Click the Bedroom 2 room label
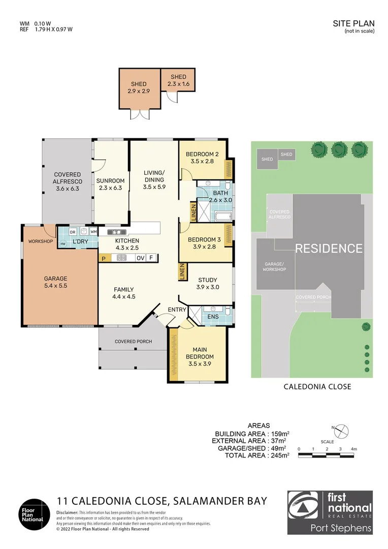click(x=202, y=158)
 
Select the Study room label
click(x=207, y=283)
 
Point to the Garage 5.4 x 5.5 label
click(x=55, y=282)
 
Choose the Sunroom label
click(x=110, y=184)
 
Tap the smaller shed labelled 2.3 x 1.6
click(x=178, y=80)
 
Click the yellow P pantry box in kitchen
click(x=103, y=258)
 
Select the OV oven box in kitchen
click(x=141, y=258)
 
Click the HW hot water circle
click(x=63, y=243)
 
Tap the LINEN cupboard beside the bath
click(x=193, y=211)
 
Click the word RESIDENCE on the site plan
click(x=329, y=249)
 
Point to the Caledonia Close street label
click(x=317, y=387)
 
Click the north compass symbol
click(x=341, y=431)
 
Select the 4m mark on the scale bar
click(x=353, y=449)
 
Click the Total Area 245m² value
click(x=279, y=455)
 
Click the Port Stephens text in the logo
click(x=341, y=528)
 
